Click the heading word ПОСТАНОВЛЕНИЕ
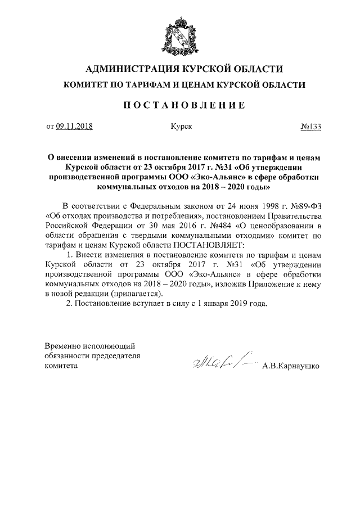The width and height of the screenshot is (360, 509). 180,105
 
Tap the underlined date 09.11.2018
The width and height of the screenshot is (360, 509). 74,127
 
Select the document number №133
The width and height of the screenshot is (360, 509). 310,127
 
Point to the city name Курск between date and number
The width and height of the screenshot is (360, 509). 181,127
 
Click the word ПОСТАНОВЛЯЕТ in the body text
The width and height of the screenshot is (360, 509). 209,246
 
